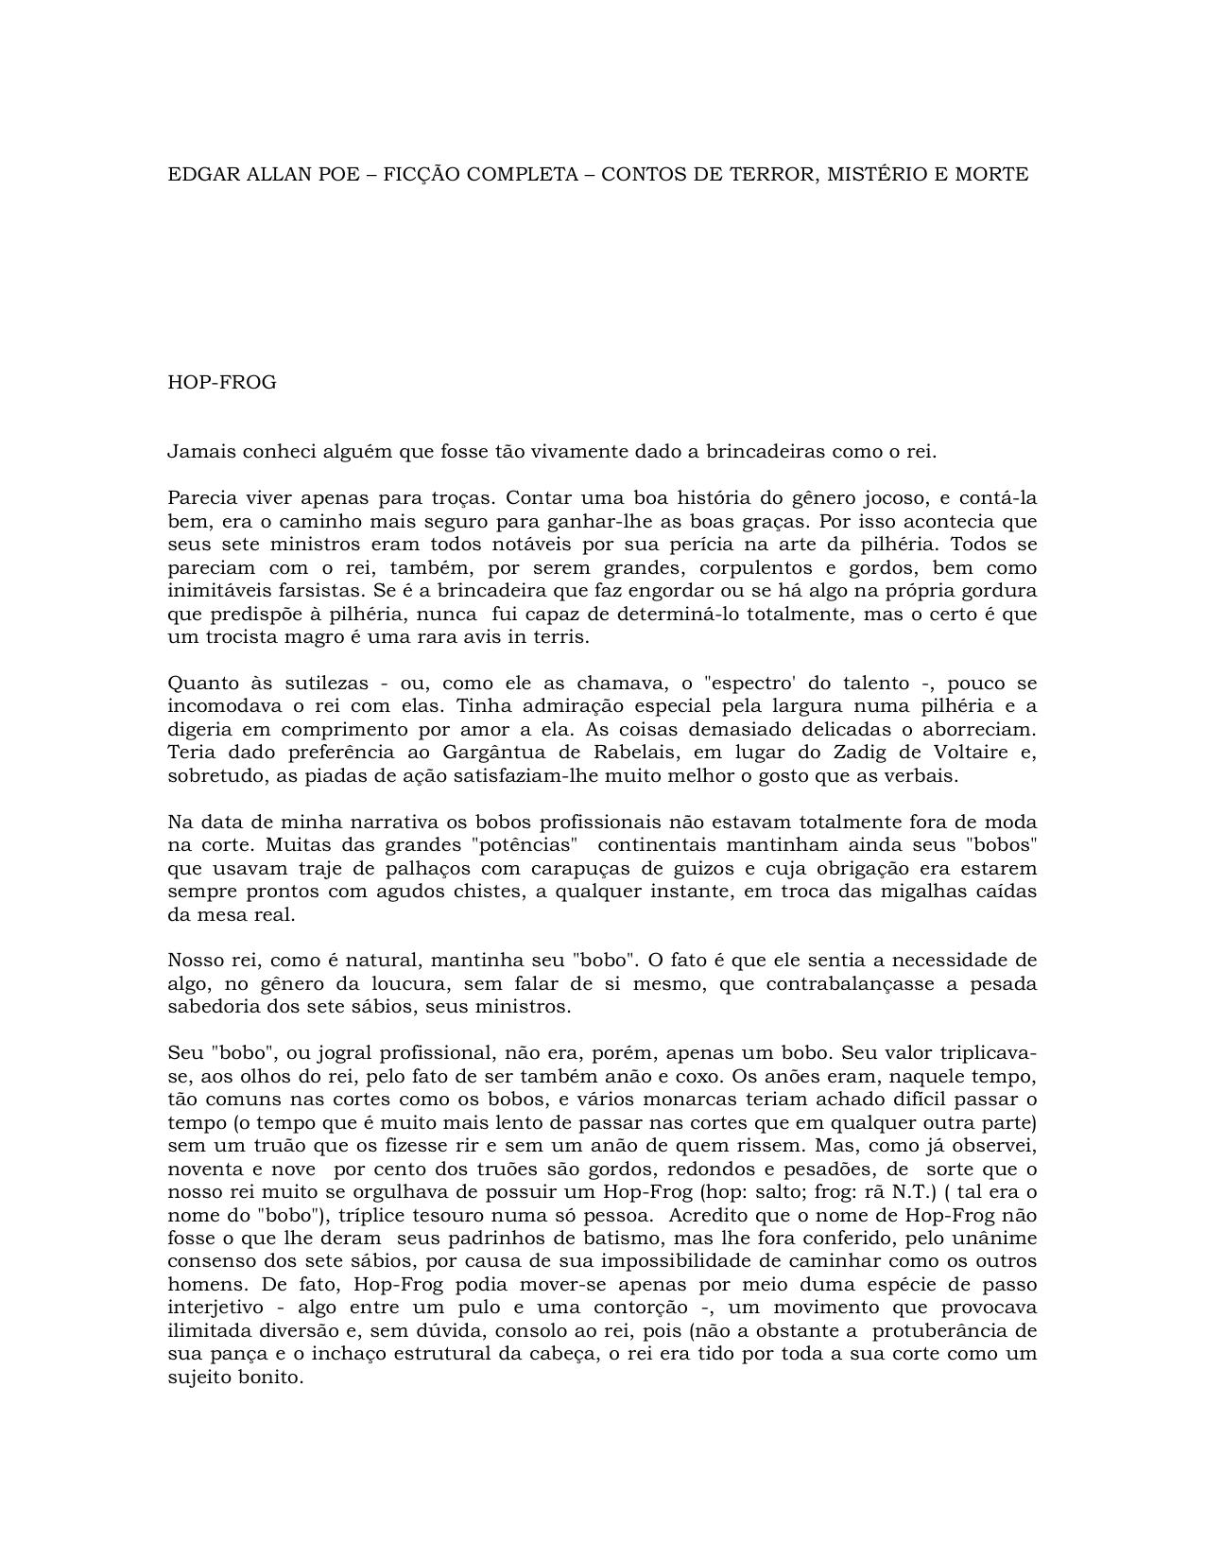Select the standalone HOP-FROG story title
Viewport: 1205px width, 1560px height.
coord(222,383)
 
